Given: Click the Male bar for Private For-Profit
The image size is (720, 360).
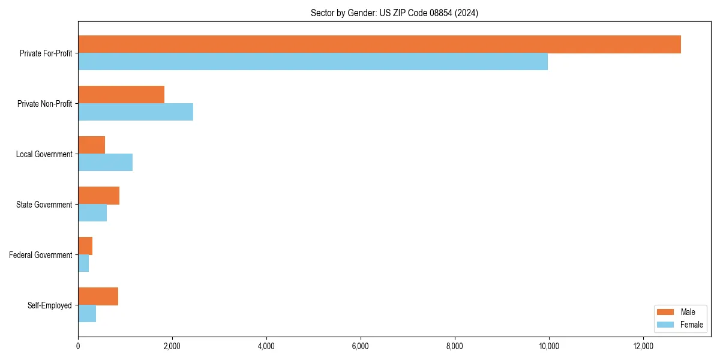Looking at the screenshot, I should tap(379, 44).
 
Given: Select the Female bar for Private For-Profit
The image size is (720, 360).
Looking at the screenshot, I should tap(313, 62).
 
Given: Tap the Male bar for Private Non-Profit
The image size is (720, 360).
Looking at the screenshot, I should tap(121, 95).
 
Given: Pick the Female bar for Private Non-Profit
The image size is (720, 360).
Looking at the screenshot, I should tap(136, 112).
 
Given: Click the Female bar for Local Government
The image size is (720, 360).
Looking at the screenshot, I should tap(105, 163).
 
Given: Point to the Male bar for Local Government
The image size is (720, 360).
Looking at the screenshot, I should tap(91, 145).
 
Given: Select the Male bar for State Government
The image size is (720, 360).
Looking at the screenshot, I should tap(98, 196).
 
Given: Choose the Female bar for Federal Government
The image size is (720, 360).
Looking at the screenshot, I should tap(83, 263).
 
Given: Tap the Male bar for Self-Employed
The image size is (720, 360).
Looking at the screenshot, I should tap(98, 296).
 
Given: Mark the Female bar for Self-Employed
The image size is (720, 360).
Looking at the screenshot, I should tap(87, 314).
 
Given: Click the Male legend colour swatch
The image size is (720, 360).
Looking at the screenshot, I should tap(666, 312).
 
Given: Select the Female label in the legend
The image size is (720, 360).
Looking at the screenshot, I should tap(691, 325).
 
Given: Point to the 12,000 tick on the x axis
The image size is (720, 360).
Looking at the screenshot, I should tap(643, 346).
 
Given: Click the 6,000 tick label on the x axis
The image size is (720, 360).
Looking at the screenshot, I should tap(361, 346).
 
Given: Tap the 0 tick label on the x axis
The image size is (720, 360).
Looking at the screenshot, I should tap(78, 346).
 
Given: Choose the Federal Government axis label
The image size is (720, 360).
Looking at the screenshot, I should tap(41, 255).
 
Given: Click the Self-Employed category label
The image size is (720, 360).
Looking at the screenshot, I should tap(50, 305).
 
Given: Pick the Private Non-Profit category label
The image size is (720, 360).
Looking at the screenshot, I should tap(44, 104).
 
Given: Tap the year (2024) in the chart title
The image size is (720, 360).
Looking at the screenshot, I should tap(466, 13).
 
